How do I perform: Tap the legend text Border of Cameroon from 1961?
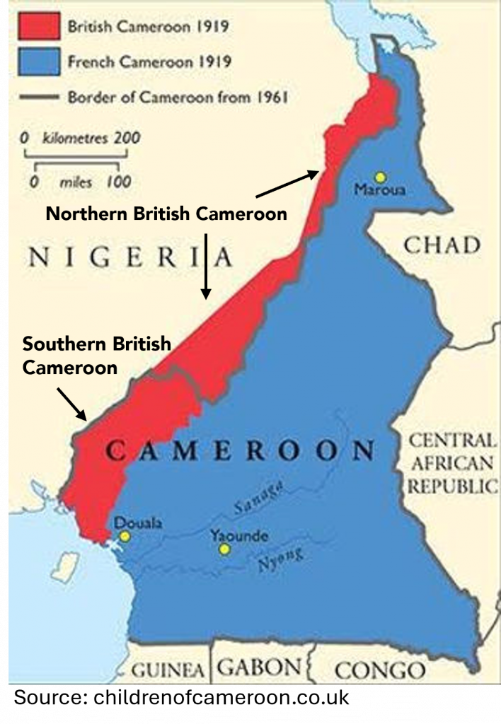[x=178, y=97]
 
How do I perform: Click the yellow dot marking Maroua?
[x=381, y=177]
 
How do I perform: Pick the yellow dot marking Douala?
[x=125, y=537]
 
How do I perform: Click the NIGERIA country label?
[x=130, y=258]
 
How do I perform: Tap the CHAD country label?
[x=442, y=245]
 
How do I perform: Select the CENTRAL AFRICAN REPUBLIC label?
[x=451, y=463]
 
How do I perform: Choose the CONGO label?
[x=379, y=670]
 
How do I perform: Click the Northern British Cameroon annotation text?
[x=166, y=214]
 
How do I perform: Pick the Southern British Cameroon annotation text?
[x=96, y=356]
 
